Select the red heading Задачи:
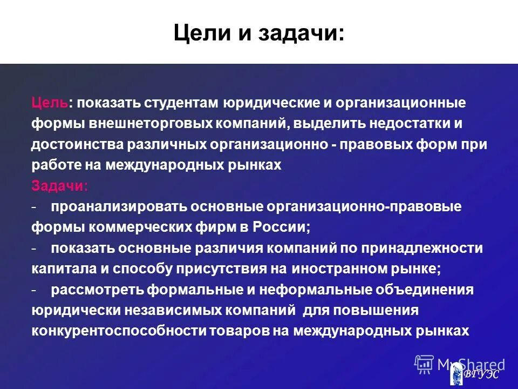[x=59, y=186]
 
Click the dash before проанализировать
[x=34, y=207]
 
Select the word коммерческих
[x=136, y=227]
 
